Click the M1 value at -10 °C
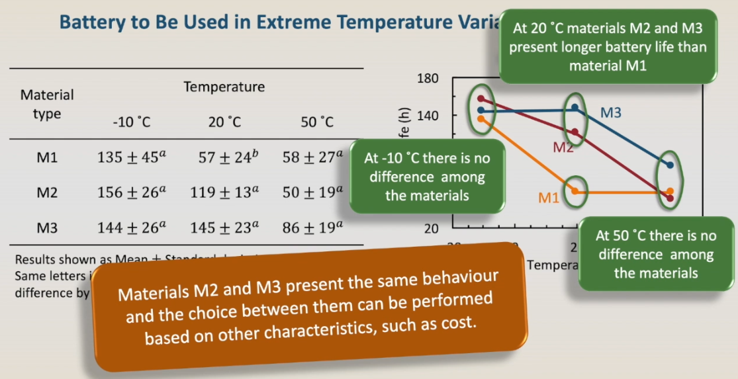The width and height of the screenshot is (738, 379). tap(131, 157)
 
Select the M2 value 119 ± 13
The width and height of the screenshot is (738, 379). tap(229, 192)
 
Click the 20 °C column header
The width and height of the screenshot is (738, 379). tap(224, 122)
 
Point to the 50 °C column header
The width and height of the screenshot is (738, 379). tap(317, 122)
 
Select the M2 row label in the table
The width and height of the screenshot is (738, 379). tap(47, 192)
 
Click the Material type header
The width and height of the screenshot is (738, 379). tap(47, 104)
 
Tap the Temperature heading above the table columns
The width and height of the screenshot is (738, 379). tap(224, 87)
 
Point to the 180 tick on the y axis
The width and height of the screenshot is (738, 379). tap(428, 79)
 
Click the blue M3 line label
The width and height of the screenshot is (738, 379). tap(610, 113)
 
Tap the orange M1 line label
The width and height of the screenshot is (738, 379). tap(549, 197)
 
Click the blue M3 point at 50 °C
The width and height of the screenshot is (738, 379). tap(670, 165)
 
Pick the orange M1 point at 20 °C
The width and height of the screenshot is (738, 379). tap(575, 190)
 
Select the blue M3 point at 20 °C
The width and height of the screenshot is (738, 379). tap(575, 107)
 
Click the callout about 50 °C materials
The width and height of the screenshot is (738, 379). tap(655, 254)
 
